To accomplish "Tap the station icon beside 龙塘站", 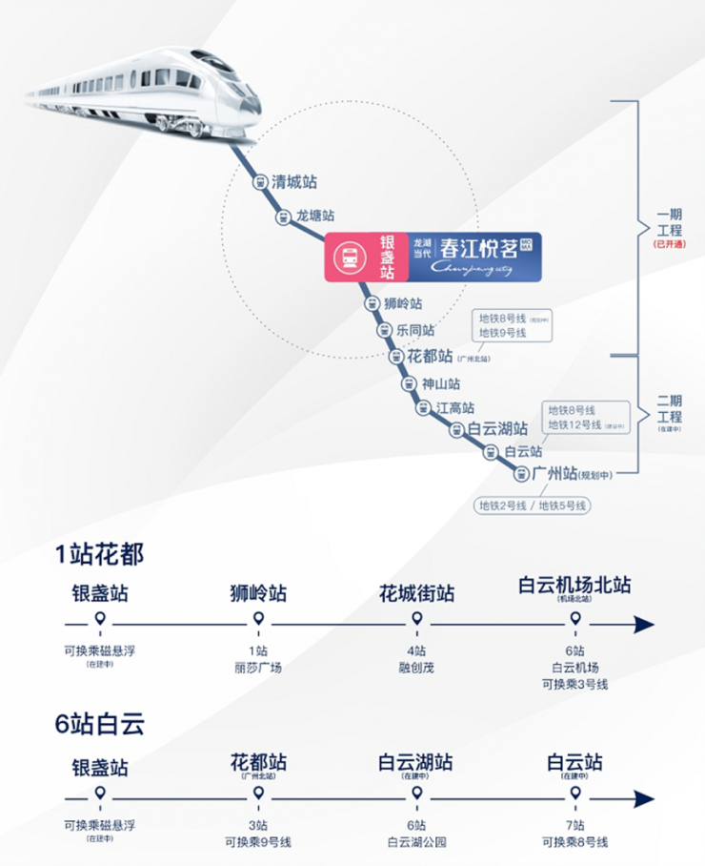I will click(283, 217).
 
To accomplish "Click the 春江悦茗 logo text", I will click(478, 249).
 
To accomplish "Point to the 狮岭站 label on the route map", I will click(403, 304).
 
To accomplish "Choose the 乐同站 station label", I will click(415, 330).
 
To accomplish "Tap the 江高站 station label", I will click(454, 407).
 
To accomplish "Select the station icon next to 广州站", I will click(521, 473).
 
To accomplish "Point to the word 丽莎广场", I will click(257, 668).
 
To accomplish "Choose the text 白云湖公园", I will click(416, 841).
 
